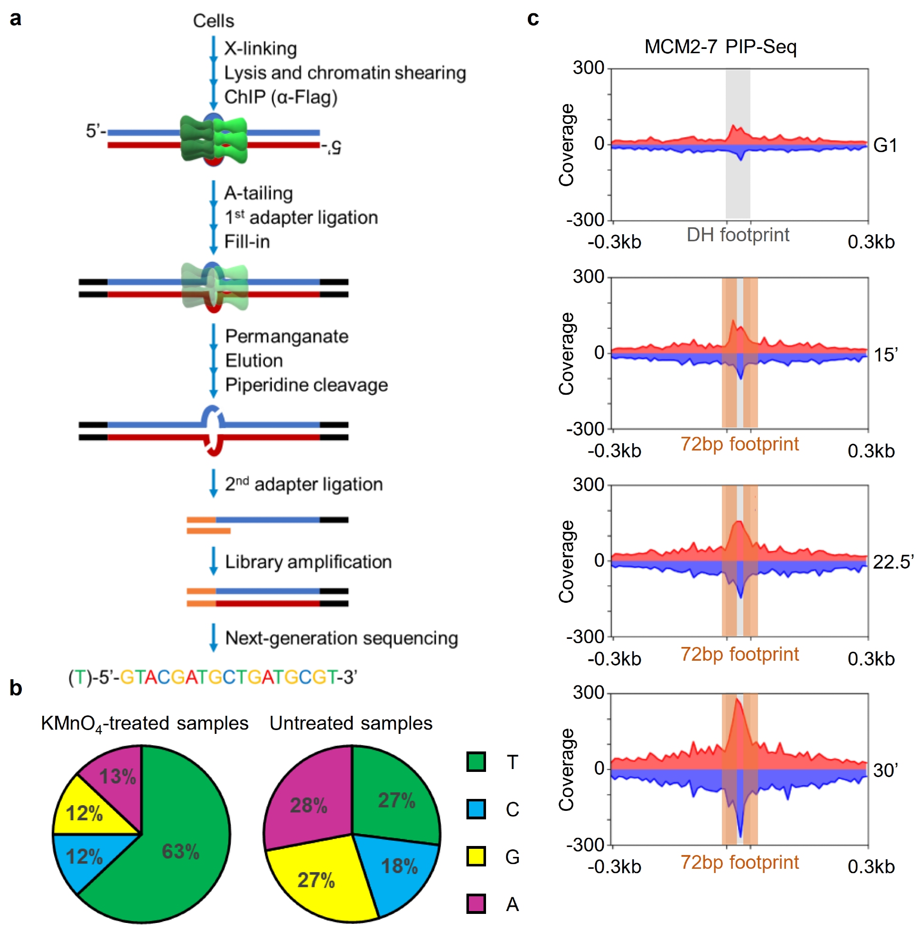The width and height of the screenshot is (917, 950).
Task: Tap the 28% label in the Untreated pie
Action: click(x=309, y=806)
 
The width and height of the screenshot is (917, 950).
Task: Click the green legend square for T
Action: click(x=476, y=761)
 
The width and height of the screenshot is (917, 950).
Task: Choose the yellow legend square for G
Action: click(x=476, y=856)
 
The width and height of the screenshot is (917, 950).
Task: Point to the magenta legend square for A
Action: click(x=476, y=903)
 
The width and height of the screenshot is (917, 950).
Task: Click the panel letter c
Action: click(x=533, y=19)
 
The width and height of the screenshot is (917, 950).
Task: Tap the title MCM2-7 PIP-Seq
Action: click(x=720, y=47)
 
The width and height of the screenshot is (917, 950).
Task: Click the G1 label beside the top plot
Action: click(x=885, y=145)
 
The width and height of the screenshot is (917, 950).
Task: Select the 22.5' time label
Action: click(x=892, y=562)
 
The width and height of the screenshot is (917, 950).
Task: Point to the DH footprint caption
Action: click(x=737, y=235)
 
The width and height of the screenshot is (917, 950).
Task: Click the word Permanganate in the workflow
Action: click(x=287, y=336)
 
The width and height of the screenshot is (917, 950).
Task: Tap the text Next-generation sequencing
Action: click(x=342, y=638)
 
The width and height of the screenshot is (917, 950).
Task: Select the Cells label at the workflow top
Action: click(x=213, y=21)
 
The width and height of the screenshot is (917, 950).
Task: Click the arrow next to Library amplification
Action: click(x=213, y=561)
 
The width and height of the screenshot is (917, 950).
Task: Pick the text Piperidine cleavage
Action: click(x=306, y=385)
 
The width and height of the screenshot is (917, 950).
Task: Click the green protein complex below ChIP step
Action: click(x=214, y=140)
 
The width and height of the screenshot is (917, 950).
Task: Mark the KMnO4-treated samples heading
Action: click(x=144, y=723)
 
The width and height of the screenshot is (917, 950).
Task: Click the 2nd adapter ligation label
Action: click(x=304, y=484)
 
